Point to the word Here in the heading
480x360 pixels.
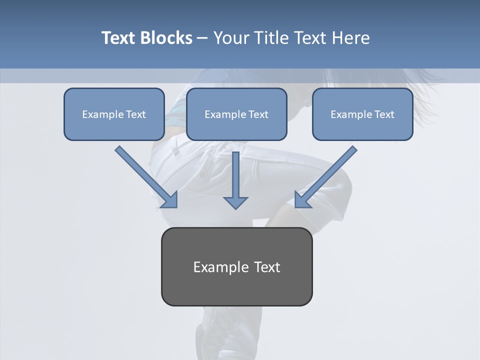(x=349, y=38)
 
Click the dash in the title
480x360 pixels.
(x=203, y=38)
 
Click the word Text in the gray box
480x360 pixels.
(x=267, y=267)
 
